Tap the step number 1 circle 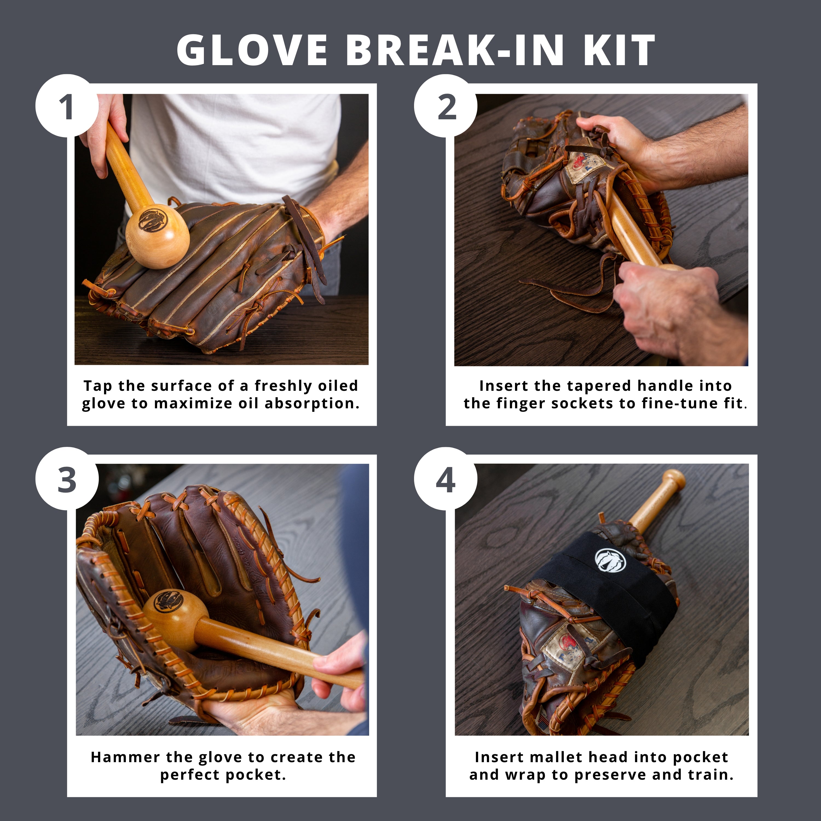coord(67,106)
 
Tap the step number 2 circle coord(446,106)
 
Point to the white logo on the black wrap coord(610,559)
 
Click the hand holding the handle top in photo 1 coord(104,132)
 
